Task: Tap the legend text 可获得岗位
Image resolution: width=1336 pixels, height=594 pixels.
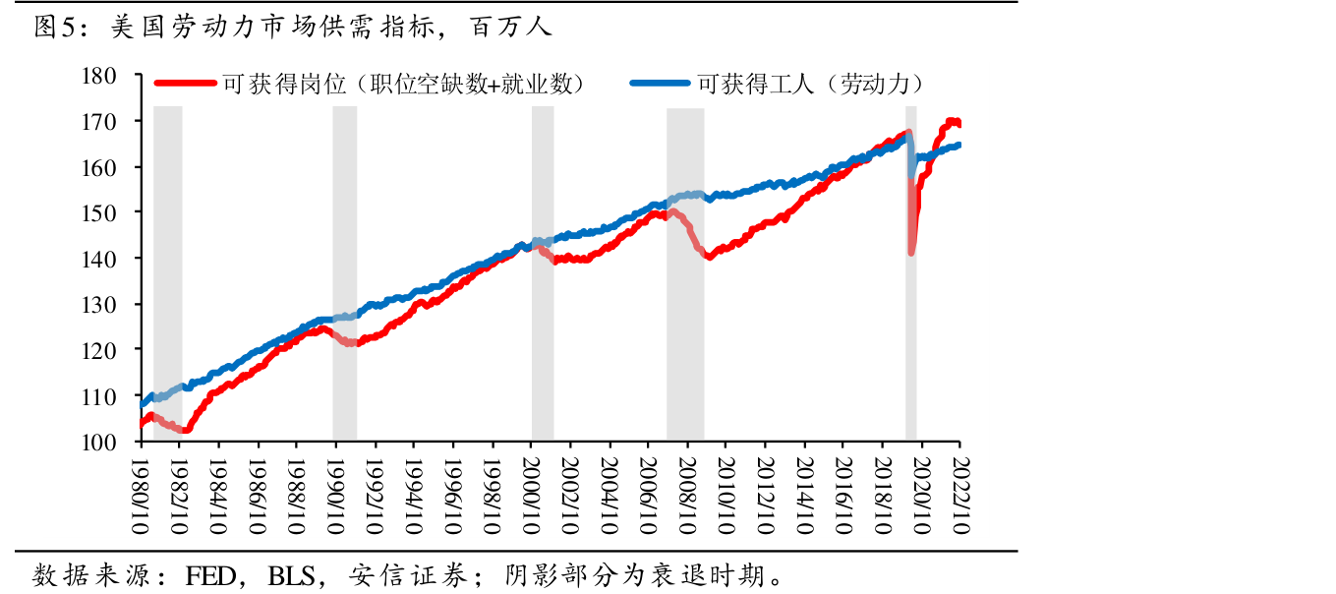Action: pyautogui.click(x=284, y=84)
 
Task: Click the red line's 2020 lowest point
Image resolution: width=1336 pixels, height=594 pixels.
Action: pyautogui.click(x=911, y=253)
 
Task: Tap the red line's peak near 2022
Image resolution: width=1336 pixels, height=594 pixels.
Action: pyautogui.click(x=952, y=121)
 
